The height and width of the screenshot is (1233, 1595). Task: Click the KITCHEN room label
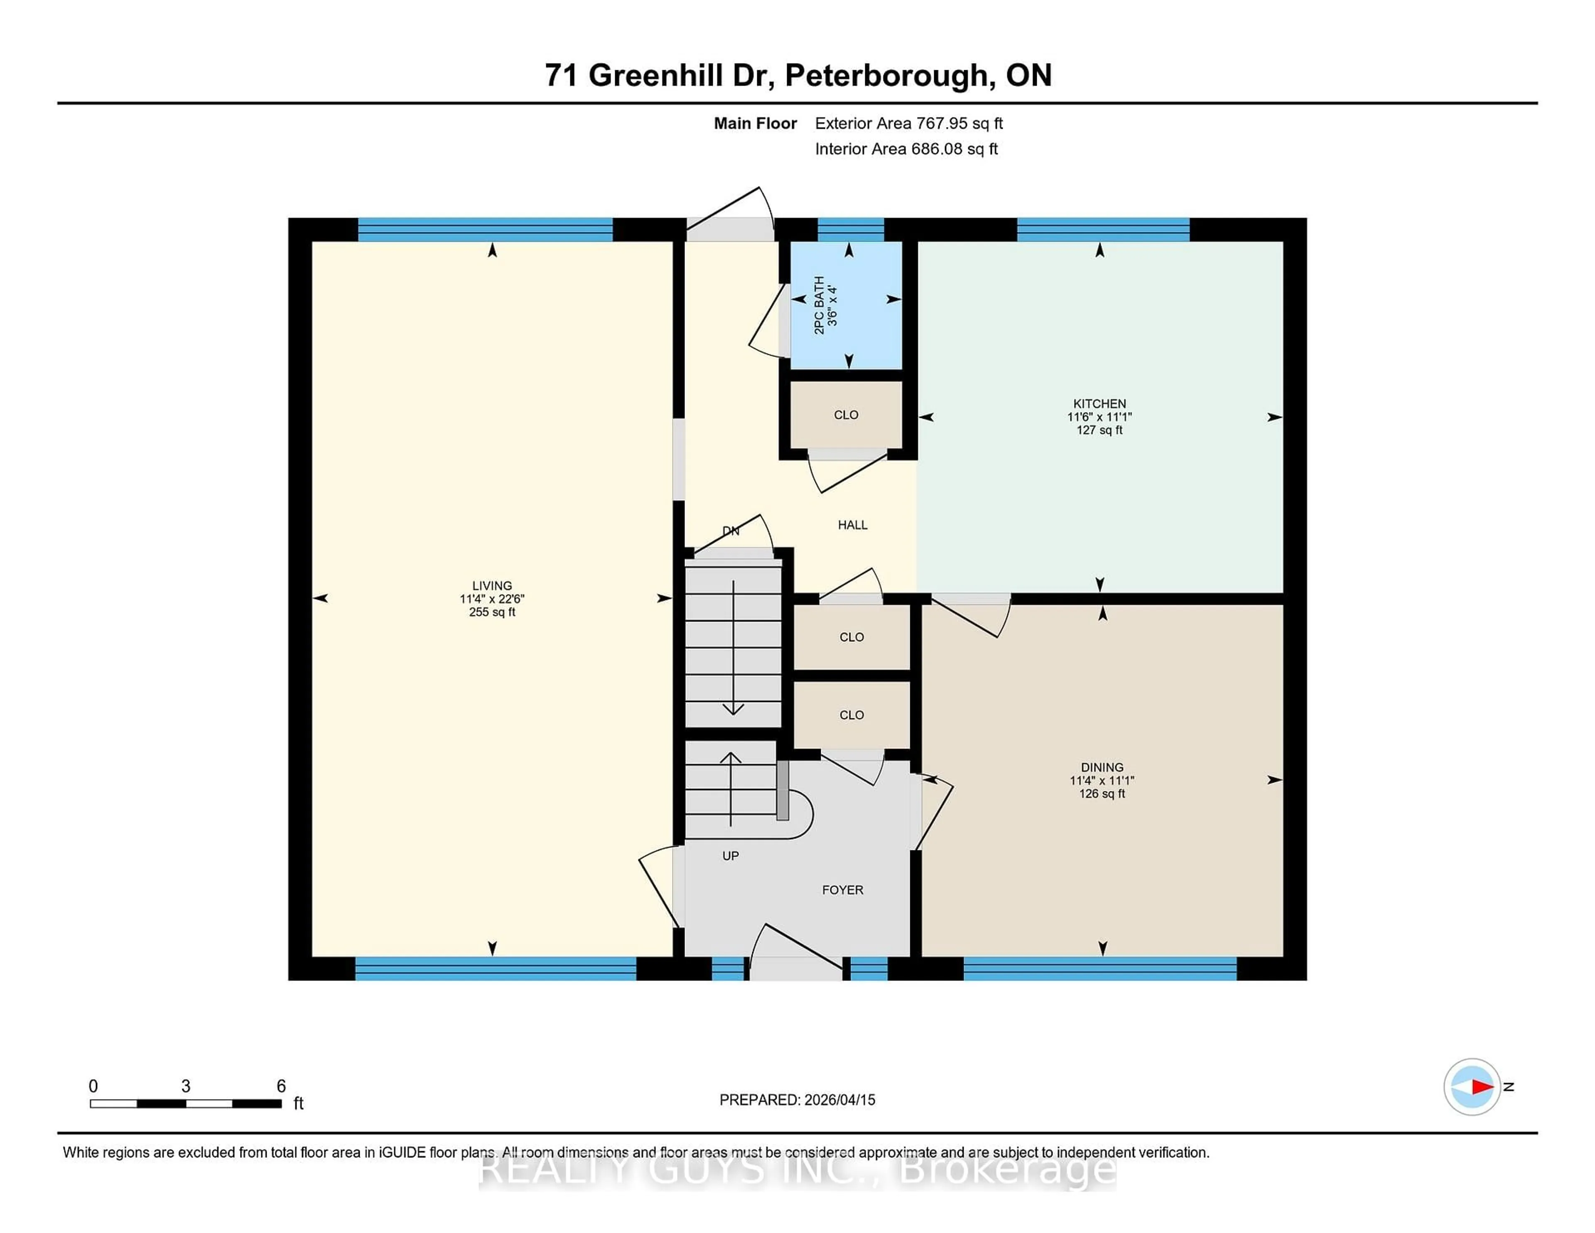[x=1099, y=403]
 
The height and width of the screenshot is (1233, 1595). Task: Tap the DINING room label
[x=1101, y=767]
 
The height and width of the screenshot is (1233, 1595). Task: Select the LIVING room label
[x=491, y=585]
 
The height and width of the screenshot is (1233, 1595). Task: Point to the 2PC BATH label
[x=820, y=305]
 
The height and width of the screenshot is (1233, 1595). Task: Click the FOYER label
[x=842, y=890]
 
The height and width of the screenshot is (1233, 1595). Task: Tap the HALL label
[x=852, y=524]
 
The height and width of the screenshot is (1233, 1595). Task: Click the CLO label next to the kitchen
[x=846, y=415]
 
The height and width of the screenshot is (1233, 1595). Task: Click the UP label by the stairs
[x=730, y=855]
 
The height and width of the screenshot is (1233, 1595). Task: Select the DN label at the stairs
[x=730, y=531]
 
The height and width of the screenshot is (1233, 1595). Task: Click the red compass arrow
[x=1482, y=1087]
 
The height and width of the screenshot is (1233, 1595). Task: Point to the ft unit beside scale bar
[x=298, y=1103]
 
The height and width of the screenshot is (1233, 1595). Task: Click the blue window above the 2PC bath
[x=850, y=229]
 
